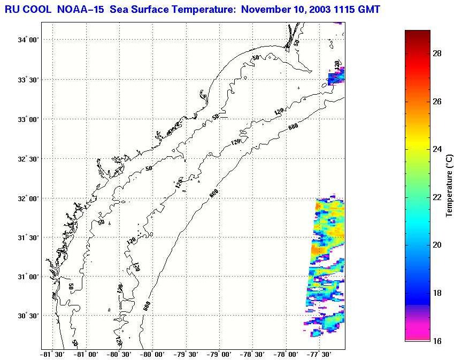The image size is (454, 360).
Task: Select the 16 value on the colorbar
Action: coord(436,341)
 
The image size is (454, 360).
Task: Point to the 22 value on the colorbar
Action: coord(436,197)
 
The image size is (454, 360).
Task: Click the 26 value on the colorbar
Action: coord(436,102)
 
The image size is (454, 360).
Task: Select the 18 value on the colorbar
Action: coord(436,293)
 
